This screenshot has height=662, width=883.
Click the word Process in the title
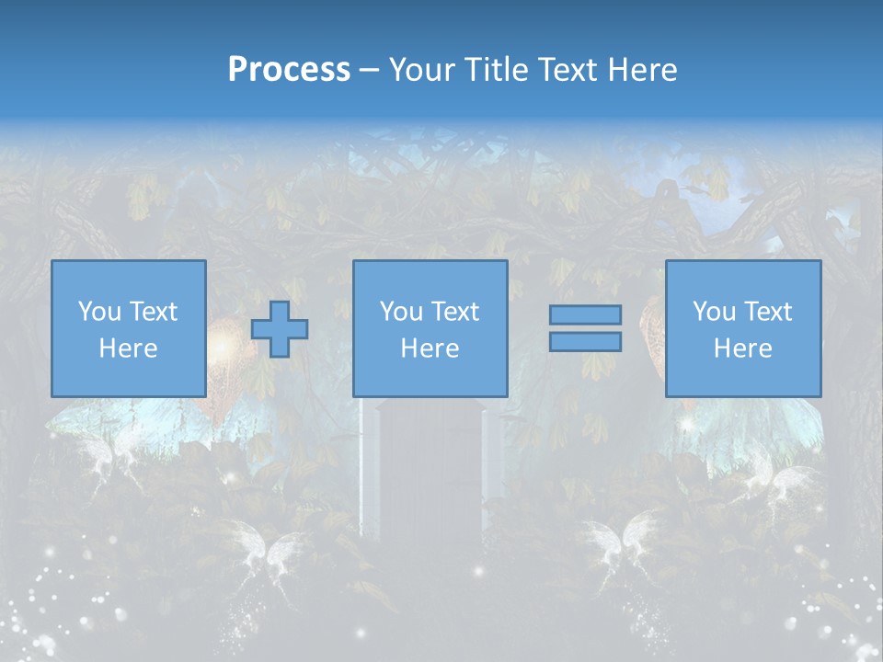point(289,70)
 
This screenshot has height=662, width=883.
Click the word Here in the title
point(642,70)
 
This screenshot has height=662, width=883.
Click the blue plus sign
point(280,328)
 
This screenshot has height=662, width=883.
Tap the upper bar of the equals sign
point(585,314)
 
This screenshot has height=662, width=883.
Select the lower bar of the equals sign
point(585,341)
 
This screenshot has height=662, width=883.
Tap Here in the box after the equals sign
point(743,348)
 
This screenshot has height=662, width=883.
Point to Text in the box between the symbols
point(455,312)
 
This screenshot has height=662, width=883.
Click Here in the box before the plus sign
point(129,348)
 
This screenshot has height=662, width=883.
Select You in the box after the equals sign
point(713,312)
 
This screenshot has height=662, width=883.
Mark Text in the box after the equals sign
point(768,312)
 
